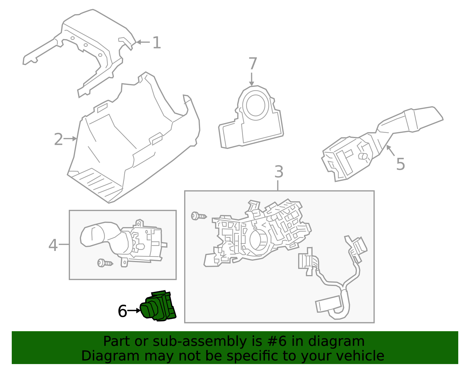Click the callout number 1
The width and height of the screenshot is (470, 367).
coord(157,43)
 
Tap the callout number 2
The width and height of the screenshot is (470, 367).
coord(58,139)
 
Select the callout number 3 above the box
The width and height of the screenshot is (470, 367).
coord(278,172)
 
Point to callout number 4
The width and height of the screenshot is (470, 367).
coord(53,245)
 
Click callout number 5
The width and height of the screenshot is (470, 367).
coord(400,164)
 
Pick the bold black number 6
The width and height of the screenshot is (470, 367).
coord(122,311)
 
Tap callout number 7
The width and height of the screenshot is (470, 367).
coord(253,64)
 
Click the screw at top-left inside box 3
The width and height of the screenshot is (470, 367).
coord(199,216)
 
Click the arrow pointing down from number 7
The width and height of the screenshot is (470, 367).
coord(251,79)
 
